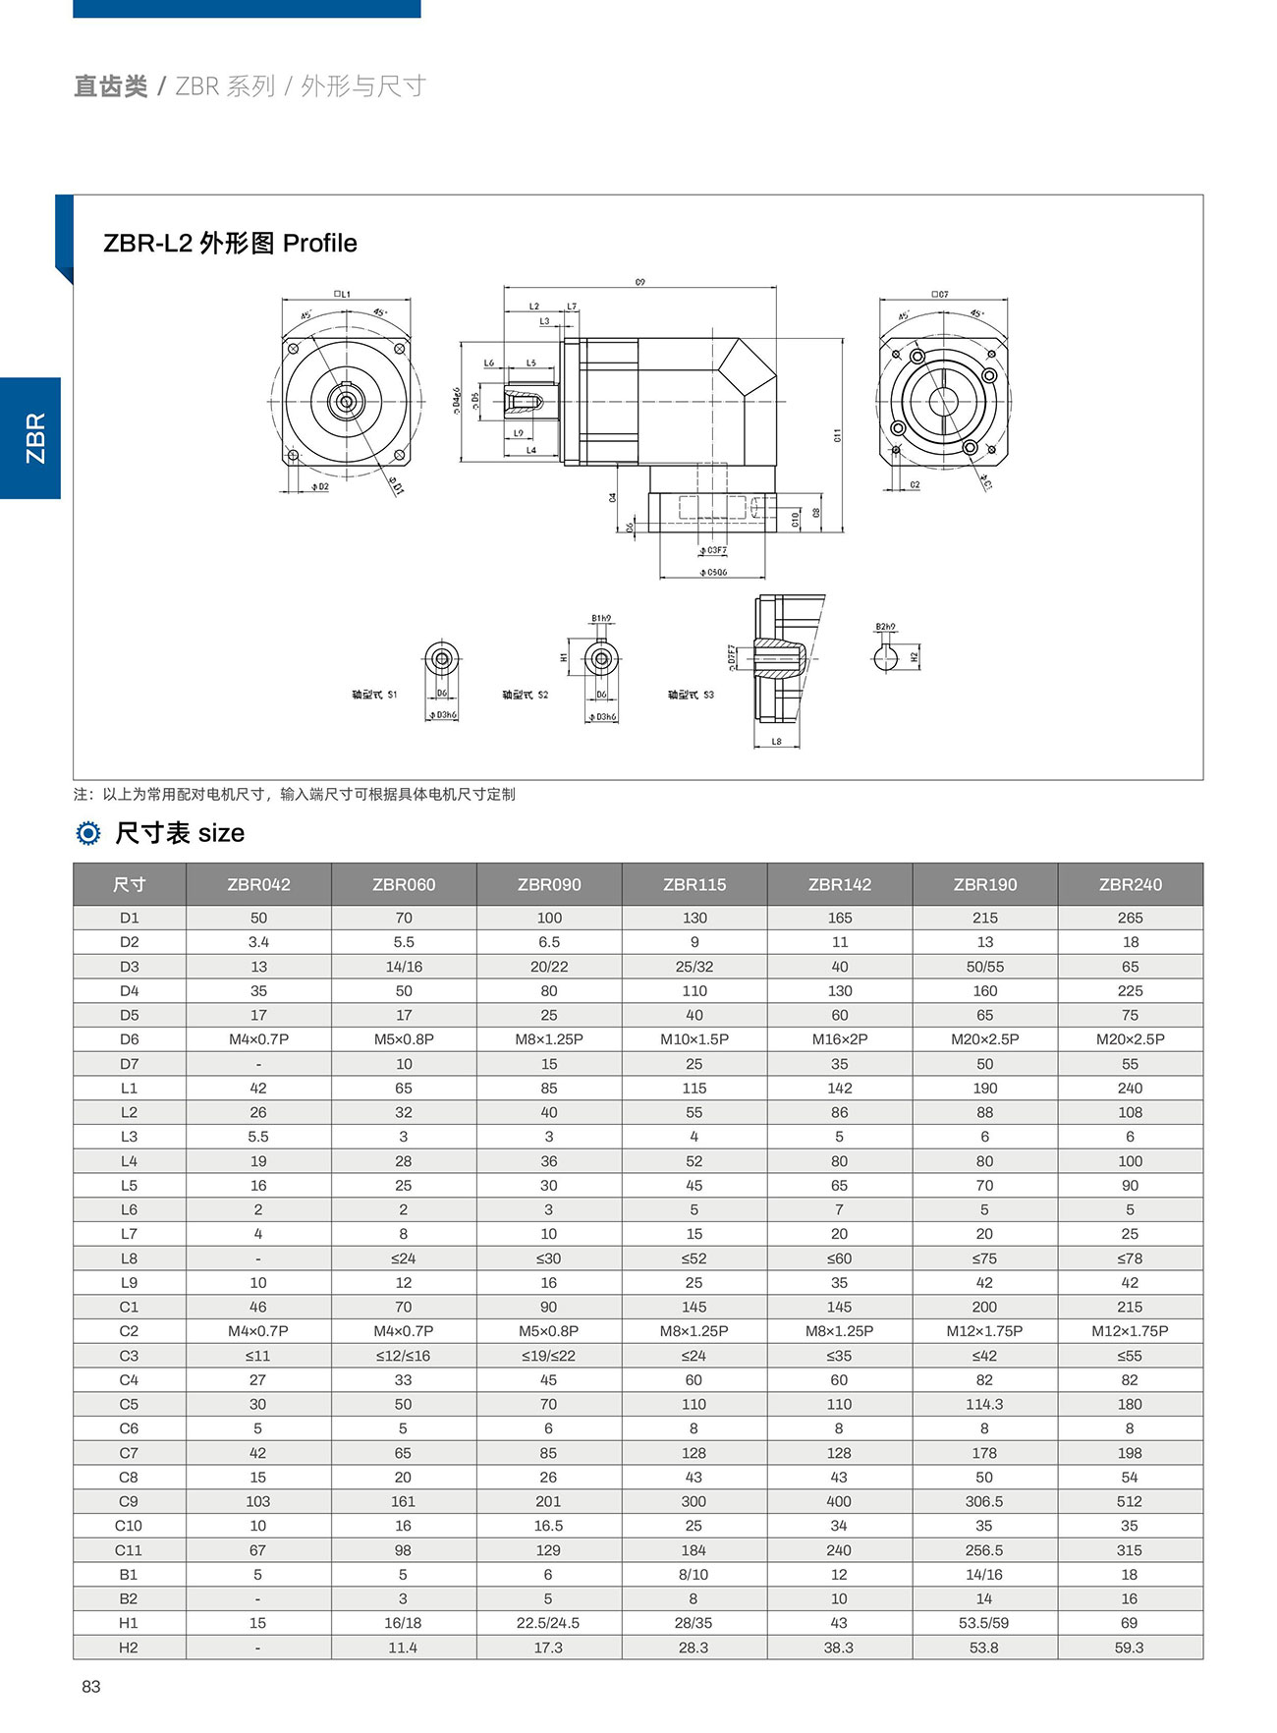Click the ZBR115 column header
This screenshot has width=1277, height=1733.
[694, 884]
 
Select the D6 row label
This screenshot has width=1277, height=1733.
[129, 1039]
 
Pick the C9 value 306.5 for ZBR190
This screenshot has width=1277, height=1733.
[984, 1501]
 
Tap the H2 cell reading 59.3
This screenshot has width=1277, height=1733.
[1130, 1648]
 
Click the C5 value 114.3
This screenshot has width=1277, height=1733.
[984, 1404]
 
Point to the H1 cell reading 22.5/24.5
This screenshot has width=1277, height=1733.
[548, 1623]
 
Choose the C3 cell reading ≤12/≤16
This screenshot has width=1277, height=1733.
[403, 1356]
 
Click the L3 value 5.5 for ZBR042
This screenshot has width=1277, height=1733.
[258, 1137]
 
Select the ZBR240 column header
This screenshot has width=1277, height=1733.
[1130, 884]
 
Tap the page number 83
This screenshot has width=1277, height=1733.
[91, 1687]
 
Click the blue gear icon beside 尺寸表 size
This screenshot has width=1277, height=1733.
[88, 834]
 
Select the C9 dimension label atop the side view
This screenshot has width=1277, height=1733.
[640, 282]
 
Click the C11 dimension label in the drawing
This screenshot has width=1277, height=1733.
[837, 435]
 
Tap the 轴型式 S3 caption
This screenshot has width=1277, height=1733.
[691, 696]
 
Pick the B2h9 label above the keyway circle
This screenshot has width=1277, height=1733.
[885, 627]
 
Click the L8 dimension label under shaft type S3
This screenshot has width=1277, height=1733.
[776, 742]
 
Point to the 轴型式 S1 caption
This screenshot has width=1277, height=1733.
[374, 696]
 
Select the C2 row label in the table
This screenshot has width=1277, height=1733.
[129, 1331]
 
